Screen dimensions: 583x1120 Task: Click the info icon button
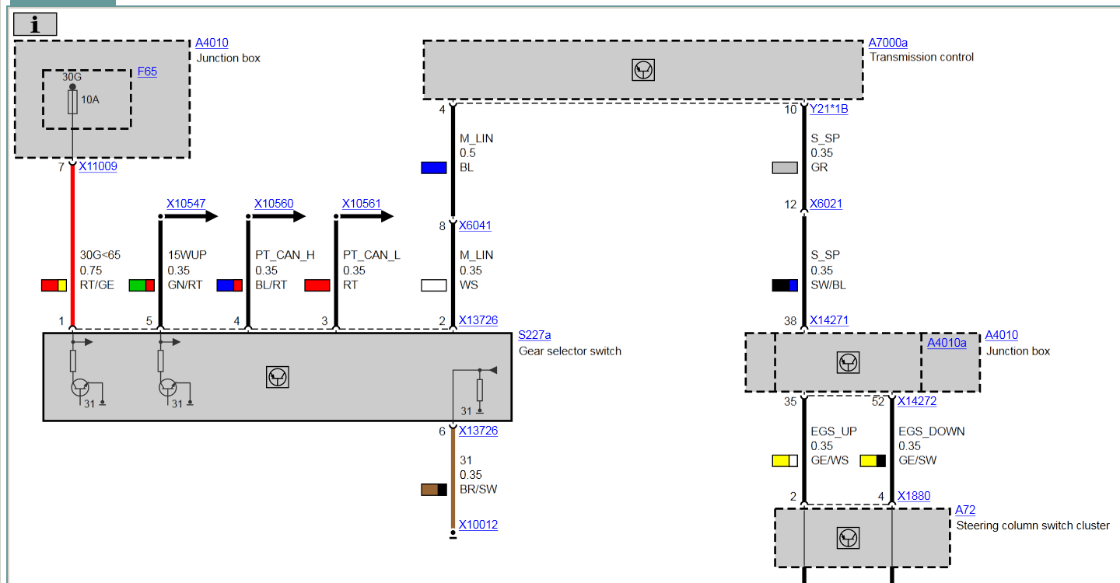point(35,25)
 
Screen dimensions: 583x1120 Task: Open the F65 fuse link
point(147,72)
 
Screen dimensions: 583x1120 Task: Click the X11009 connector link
point(97,166)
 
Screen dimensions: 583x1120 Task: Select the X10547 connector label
point(186,204)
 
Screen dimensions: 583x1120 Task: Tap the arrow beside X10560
point(289,217)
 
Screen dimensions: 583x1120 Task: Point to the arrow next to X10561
point(376,217)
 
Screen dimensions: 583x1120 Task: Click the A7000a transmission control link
point(887,43)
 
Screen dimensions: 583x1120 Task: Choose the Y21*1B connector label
point(828,110)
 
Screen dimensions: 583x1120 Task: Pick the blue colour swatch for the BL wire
point(433,167)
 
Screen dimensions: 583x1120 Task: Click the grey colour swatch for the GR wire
point(785,167)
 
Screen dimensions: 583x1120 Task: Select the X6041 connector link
point(474,226)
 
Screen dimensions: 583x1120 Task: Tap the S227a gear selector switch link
point(534,336)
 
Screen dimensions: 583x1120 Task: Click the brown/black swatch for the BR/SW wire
point(433,489)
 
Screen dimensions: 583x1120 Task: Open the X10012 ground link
point(478,525)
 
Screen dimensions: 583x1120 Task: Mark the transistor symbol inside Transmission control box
point(643,70)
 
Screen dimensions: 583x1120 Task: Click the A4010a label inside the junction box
point(947,343)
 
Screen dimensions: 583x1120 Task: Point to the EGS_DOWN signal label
point(931,431)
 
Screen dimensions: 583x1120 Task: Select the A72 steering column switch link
point(965,510)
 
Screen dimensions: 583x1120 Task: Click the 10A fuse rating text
point(90,99)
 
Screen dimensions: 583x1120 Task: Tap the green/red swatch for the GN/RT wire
point(142,285)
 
